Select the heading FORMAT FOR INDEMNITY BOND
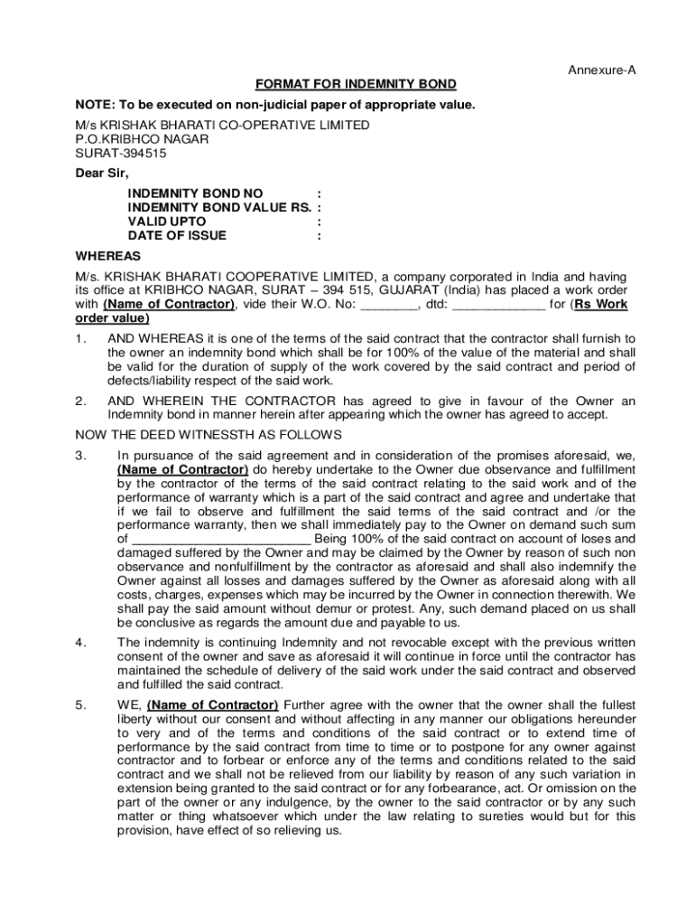pos(356,85)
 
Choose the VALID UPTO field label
pos(167,221)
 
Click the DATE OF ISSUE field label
pos(178,236)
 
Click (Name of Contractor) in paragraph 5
pos(213,705)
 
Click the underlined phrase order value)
pos(113,319)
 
